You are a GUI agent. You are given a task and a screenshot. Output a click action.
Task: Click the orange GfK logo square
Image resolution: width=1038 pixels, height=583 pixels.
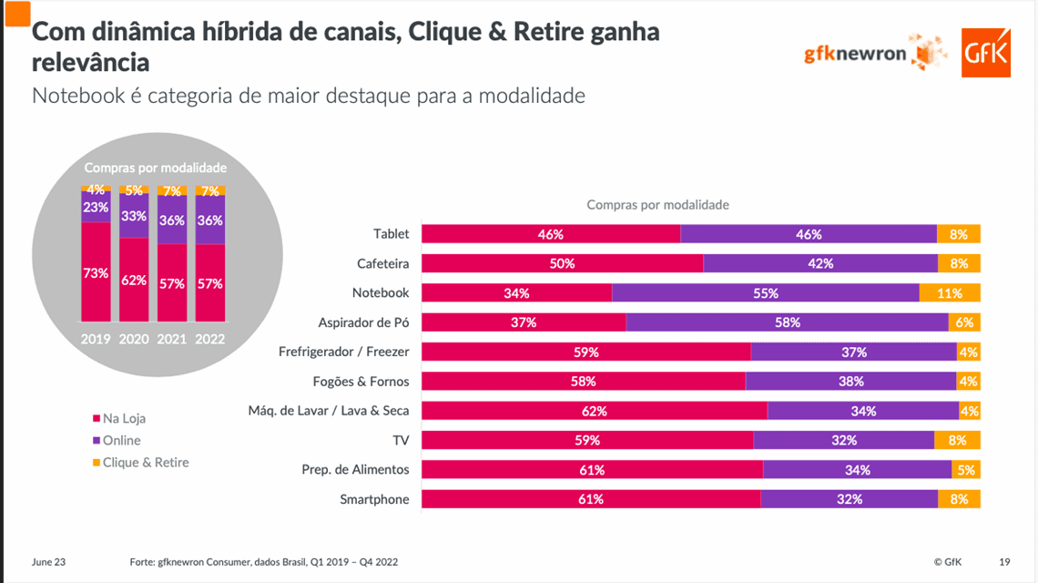point(986,53)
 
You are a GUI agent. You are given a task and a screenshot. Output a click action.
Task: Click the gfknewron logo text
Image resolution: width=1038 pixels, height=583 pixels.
point(855,54)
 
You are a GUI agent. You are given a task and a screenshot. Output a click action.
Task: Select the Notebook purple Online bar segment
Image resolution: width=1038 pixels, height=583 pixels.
point(765,293)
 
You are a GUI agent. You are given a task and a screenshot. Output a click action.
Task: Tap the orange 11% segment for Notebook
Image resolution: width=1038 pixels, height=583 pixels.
point(950,293)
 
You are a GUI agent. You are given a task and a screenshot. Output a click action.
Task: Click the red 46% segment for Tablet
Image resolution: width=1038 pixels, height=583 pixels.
point(551,234)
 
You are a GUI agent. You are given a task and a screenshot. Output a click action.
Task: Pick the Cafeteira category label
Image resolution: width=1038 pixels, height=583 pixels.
point(382,264)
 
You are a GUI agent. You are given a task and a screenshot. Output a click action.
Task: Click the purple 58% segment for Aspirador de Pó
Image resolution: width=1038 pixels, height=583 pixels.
point(787,322)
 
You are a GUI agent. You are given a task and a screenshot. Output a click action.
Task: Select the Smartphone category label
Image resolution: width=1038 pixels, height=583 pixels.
point(374,499)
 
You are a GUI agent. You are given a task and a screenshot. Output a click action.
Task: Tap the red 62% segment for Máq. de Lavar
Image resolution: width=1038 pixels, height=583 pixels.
point(594,411)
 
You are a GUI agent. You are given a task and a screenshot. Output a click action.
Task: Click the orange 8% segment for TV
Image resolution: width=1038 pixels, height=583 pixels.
point(957,440)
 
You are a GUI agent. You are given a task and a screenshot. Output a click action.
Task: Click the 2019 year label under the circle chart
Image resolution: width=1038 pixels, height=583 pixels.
point(96,338)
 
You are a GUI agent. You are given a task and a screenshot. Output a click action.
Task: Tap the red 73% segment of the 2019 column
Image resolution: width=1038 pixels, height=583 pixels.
point(96,272)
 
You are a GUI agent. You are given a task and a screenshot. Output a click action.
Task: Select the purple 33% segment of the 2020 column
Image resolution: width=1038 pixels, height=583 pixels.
point(134,217)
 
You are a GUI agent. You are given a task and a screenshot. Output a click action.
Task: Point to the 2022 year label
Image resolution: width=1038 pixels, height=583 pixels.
point(210,338)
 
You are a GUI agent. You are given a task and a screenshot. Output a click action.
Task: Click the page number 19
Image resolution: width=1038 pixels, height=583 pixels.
point(1004,562)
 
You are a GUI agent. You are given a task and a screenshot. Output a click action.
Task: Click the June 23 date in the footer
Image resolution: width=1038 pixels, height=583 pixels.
point(48,562)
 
